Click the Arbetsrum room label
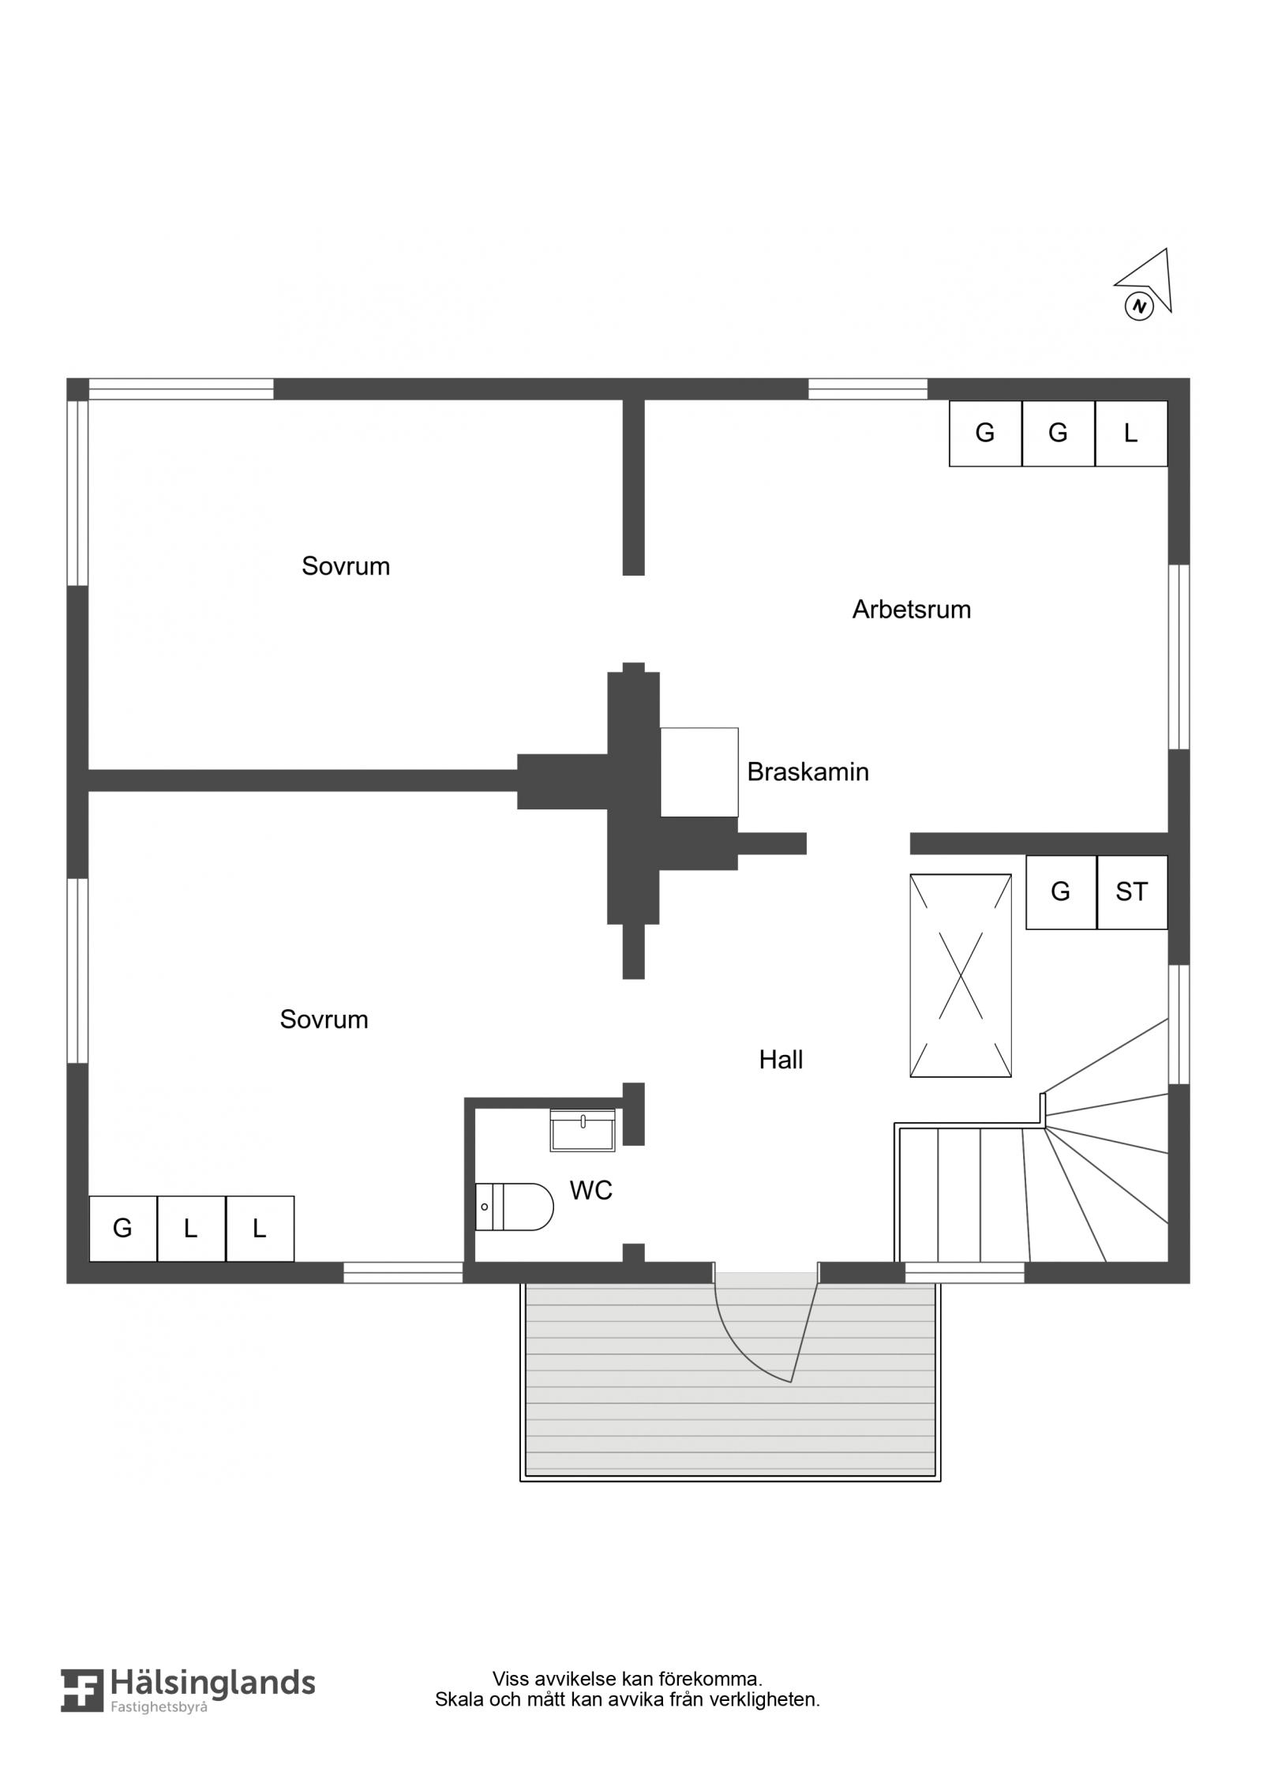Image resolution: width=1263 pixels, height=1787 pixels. click(911, 610)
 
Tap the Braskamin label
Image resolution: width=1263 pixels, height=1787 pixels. click(808, 771)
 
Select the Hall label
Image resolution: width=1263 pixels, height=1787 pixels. click(781, 1060)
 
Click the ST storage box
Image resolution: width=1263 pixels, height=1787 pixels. click(1132, 892)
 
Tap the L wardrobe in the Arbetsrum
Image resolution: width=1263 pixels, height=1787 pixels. click(1131, 433)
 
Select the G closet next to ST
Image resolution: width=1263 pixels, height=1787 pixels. click(1061, 892)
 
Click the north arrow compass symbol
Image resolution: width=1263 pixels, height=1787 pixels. click(1144, 284)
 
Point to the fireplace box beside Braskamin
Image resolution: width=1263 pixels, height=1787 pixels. click(699, 771)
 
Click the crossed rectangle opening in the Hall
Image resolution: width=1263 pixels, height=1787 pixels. click(960, 975)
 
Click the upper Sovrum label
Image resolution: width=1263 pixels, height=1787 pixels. click(346, 566)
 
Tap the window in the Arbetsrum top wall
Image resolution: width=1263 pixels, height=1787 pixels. click(868, 389)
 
